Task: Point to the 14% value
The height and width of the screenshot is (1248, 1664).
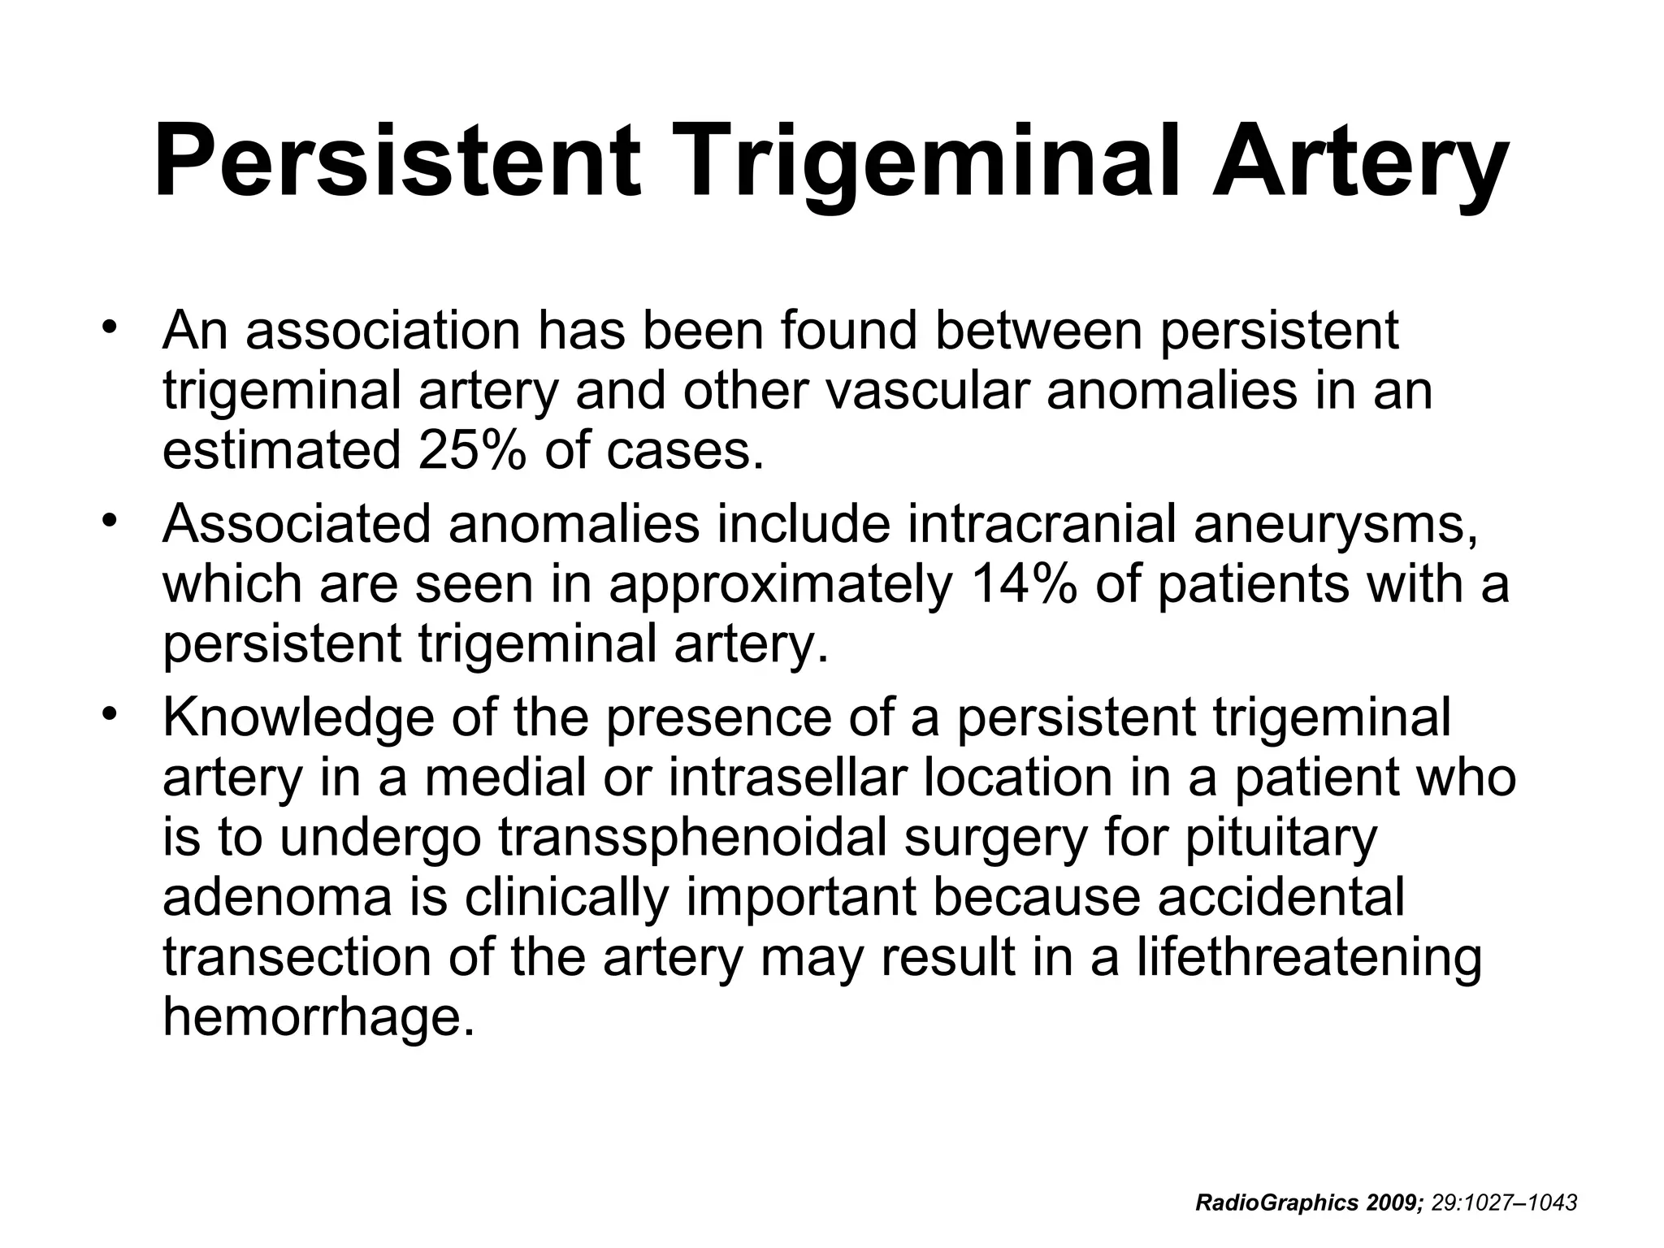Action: click(x=1020, y=583)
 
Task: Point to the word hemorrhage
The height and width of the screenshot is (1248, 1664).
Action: click(x=318, y=1016)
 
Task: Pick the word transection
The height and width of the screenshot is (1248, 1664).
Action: click(x=297, y=956)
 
